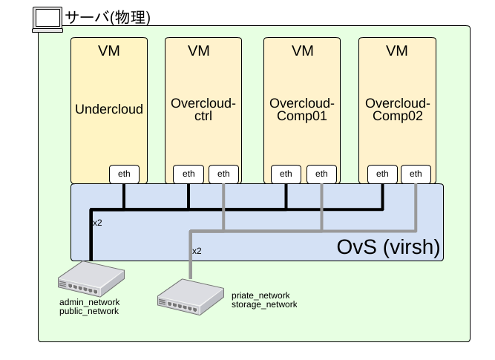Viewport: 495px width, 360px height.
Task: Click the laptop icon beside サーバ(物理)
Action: click(x=48, y=19)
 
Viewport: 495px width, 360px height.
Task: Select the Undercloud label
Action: click(x=109, y=109)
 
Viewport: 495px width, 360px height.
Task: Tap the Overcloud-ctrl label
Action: click(x=203, y=110)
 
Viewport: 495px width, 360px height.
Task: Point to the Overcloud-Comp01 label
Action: click(x=302, y=110)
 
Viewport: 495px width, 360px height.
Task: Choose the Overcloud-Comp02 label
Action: click(x=397, y=110)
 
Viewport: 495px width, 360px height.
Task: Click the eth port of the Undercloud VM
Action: click(x=125, y=174)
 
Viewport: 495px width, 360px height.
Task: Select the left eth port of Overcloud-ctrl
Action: click(x=189, y=174)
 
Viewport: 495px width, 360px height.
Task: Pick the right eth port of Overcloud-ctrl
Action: click(x=223, y=174)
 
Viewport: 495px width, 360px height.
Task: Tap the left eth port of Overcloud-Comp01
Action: click(x=286, y=174)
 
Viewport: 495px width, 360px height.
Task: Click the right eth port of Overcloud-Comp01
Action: click(x=321, y=174)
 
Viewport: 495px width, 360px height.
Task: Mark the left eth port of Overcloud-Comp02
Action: click(x=382, y=174)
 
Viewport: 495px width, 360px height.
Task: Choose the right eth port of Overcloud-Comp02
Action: click(x=416, y=174)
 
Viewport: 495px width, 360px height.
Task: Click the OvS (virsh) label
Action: click(x=389, y=246)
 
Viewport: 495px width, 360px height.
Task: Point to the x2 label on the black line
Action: click(x=97, y=223)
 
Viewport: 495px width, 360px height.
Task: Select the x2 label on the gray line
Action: click(x=197, y=251)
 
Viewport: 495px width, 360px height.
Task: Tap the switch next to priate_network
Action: click(x=190, y=294)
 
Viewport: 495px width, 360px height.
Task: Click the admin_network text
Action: click(x=89, y=303)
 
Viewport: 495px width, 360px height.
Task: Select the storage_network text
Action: click(x=264, y=304)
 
